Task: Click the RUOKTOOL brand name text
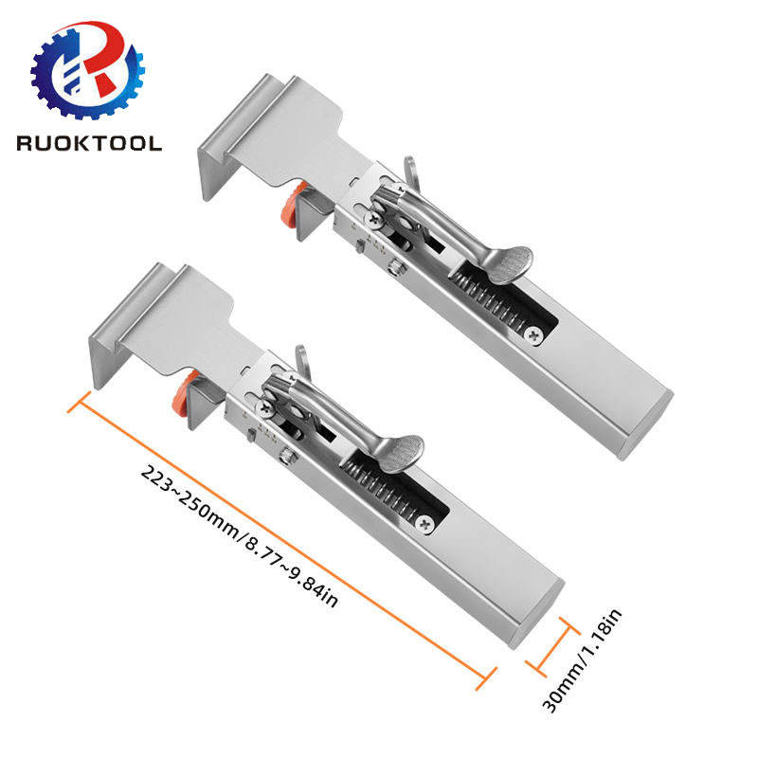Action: [88, 143]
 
